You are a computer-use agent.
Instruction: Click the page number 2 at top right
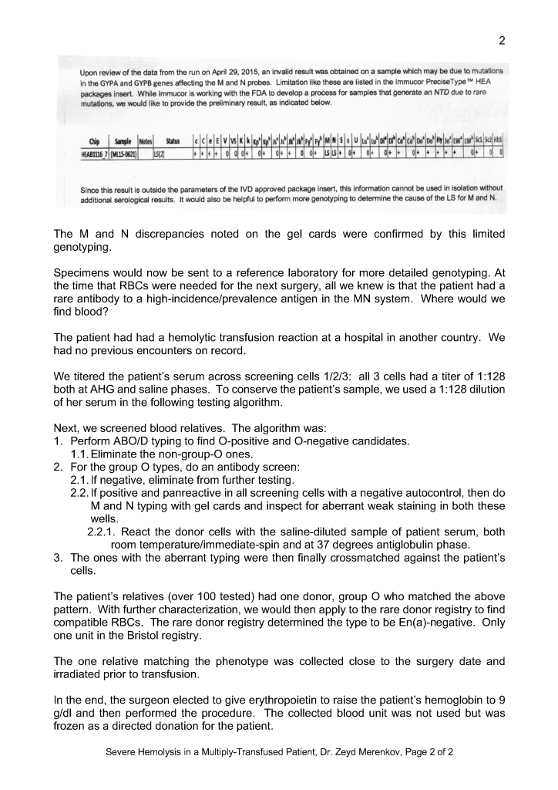[502, 41]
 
